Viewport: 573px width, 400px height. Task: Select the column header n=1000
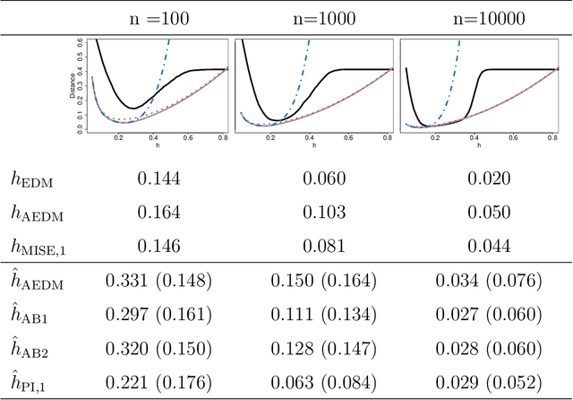[318, 16]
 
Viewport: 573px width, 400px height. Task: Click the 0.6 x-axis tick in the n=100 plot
[188, 139]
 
